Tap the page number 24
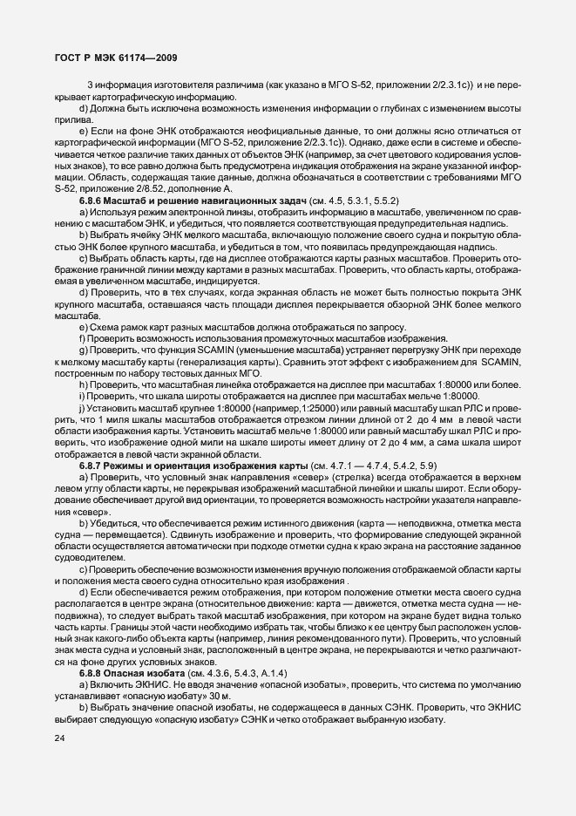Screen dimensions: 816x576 point(60,739)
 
